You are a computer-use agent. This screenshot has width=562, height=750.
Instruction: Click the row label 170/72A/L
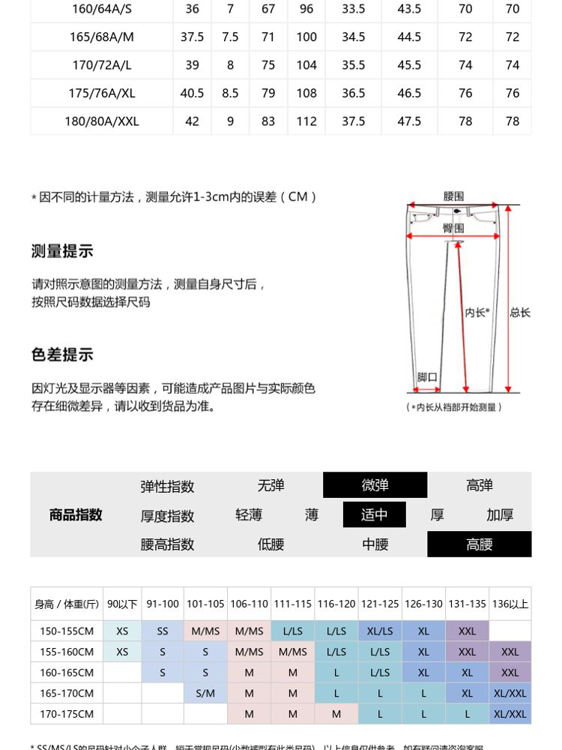102,65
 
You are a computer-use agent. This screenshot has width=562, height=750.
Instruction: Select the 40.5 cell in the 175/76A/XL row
192,93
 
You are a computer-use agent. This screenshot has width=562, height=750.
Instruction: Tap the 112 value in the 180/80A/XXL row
306,121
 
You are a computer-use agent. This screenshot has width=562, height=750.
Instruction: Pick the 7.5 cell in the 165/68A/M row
230,37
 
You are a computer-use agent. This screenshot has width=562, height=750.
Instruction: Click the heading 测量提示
62,251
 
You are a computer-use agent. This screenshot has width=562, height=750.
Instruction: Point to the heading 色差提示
62,355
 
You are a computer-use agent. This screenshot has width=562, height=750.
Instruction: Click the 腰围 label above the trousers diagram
453,196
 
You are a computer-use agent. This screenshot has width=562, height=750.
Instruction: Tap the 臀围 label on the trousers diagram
453,228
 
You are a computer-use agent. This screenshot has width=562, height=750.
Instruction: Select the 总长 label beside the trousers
520,313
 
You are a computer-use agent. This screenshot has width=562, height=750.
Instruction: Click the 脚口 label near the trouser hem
427,377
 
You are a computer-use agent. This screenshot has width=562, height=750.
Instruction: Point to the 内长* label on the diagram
477,313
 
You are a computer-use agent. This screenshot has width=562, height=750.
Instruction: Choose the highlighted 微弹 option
375,485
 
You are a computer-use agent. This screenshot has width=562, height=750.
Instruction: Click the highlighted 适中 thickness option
374,515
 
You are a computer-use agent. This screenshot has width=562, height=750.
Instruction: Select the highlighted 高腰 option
479,544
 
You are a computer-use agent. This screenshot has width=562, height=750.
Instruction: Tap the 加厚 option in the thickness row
500,515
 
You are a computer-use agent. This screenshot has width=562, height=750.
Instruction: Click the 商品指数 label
76,515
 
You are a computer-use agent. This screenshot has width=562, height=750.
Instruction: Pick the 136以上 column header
510,604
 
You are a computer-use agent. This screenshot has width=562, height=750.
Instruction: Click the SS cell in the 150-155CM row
163,631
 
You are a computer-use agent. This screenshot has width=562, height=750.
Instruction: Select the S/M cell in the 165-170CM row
205,694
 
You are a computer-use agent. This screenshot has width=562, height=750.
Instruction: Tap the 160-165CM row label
67,673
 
